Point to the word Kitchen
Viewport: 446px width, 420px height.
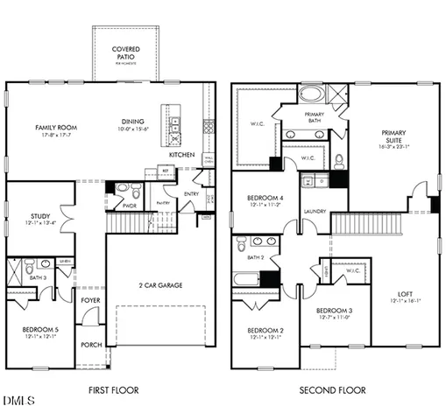click(182, 155)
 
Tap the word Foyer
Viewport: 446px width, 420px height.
click(90, 300)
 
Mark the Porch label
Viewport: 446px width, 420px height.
click(91, 344)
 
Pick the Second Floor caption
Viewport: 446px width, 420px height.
click(332, 390)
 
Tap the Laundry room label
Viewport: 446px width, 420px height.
click(315, 211)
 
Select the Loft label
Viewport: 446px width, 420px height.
click(405, 293)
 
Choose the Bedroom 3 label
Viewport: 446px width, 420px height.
click(334, 311)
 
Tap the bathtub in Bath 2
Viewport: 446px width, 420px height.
click(247, 279)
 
